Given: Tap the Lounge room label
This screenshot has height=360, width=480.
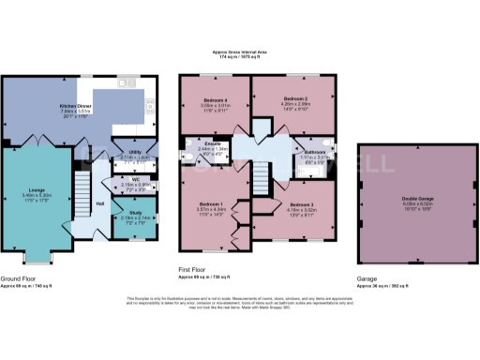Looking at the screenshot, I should click(x=37, y=190).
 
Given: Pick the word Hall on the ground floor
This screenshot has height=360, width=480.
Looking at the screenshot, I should click(x=99, y=202).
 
